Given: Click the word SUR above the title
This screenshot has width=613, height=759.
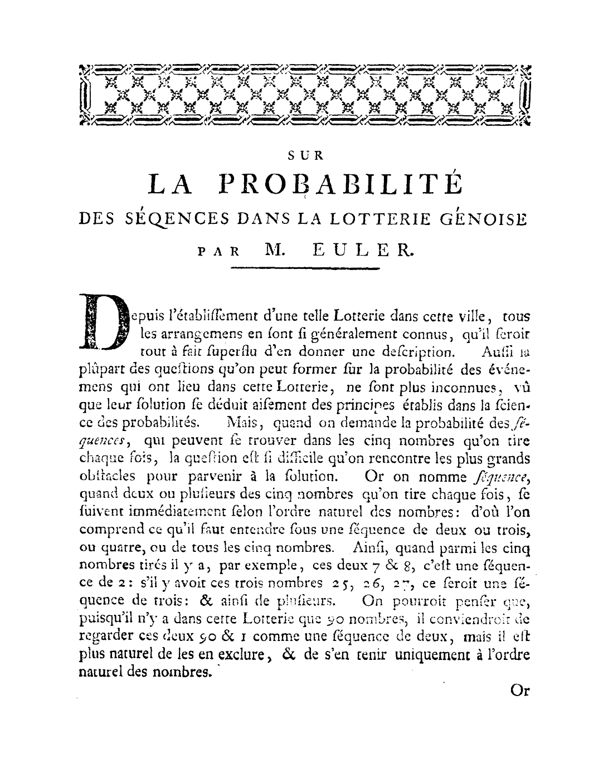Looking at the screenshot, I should (x=306, y=156).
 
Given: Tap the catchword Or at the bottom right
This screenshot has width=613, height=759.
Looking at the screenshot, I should (x=519, y=691).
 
